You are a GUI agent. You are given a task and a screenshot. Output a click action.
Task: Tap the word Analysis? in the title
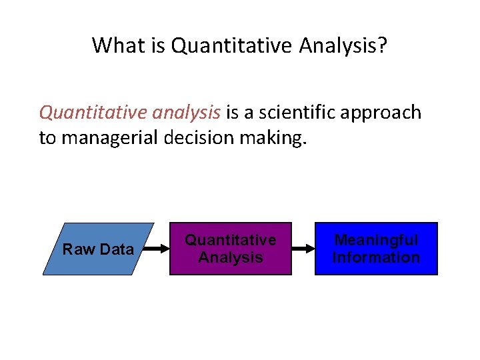(343, 45)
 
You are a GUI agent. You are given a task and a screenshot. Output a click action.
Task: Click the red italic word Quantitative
(93, 112)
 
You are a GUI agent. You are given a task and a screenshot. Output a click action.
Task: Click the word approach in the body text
(385, 112)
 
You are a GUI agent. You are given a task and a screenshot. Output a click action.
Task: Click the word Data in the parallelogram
(118, 249)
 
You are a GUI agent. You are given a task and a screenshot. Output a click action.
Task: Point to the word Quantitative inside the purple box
(230, 240)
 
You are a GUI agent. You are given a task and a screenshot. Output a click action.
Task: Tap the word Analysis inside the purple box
(230, 257)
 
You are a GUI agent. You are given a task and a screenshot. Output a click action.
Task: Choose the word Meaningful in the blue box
(376, 240)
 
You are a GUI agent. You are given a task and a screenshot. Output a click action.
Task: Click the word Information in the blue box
(376, 257)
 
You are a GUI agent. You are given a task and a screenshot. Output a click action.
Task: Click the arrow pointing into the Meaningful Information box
(303, 249)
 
